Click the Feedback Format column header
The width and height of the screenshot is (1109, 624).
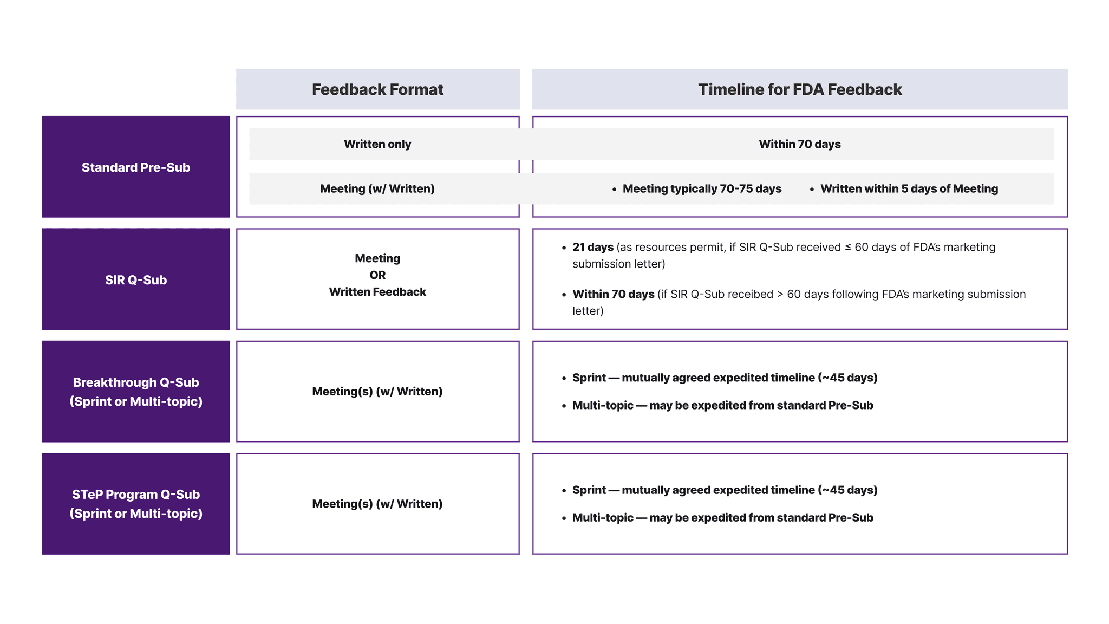pos(377,89)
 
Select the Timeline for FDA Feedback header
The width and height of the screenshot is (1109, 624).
pos(800,89)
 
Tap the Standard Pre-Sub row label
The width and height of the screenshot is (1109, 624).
pos(136,167)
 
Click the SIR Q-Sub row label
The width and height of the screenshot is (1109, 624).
pos(136,280)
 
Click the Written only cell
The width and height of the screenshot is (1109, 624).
pos(377,144)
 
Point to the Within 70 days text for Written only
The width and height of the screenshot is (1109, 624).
pos(800,144)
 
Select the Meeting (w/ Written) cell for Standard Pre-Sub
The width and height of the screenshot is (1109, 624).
pos(377,188)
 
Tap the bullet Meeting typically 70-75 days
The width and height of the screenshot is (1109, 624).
pos(702,188)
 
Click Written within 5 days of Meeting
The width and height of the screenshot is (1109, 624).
pos(909,188)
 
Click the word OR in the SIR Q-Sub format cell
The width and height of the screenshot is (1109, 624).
pos(377,275)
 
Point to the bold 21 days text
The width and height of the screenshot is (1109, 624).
pos(593,247)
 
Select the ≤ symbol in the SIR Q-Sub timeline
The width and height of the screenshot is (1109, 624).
pos(848,247)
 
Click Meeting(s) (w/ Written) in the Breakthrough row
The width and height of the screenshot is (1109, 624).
pos(377,392)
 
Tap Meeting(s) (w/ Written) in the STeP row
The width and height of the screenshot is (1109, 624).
pos(377,504)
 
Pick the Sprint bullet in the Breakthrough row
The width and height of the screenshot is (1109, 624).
pos(725,378)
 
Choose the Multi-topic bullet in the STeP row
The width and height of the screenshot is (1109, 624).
pos(722,518)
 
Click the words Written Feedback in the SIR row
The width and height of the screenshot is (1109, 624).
pos(377,292)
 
